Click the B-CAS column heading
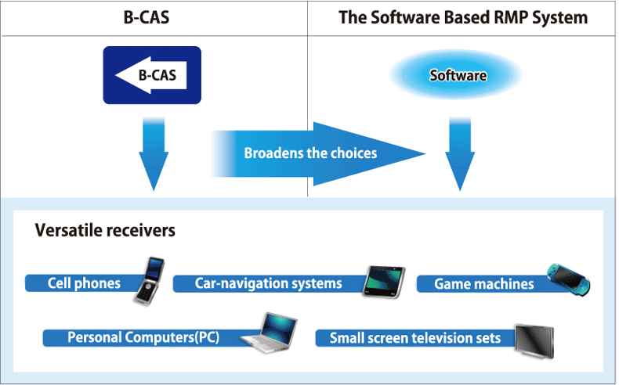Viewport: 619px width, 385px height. [x=147, y=18]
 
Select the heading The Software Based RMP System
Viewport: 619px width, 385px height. [x=463, y=18]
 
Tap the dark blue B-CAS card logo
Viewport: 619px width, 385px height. [x=152, y=75]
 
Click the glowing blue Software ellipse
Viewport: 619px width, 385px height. [x=456, y=74]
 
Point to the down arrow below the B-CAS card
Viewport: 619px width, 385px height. [x=154, y=153]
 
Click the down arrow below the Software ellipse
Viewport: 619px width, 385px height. [x=460, y=153]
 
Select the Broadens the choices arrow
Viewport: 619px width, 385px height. [x=318, y=153]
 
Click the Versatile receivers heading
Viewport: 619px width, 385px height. [x=105, y=231]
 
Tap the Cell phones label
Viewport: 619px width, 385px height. [x=84, y=283]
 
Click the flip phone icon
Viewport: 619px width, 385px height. [x=150, y=281]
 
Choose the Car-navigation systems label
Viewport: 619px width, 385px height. [x=269, y=283]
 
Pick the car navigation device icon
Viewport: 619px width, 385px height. [x=384, y=282]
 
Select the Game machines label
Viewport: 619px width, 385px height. [x=484, y=284]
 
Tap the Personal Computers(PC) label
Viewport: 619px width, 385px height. [x=143, y=338]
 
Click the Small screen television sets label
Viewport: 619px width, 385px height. [x=415, y=338]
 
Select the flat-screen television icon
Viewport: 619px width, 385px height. [x=534, y=341]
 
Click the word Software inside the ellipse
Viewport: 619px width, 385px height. [x=458, y=75]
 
